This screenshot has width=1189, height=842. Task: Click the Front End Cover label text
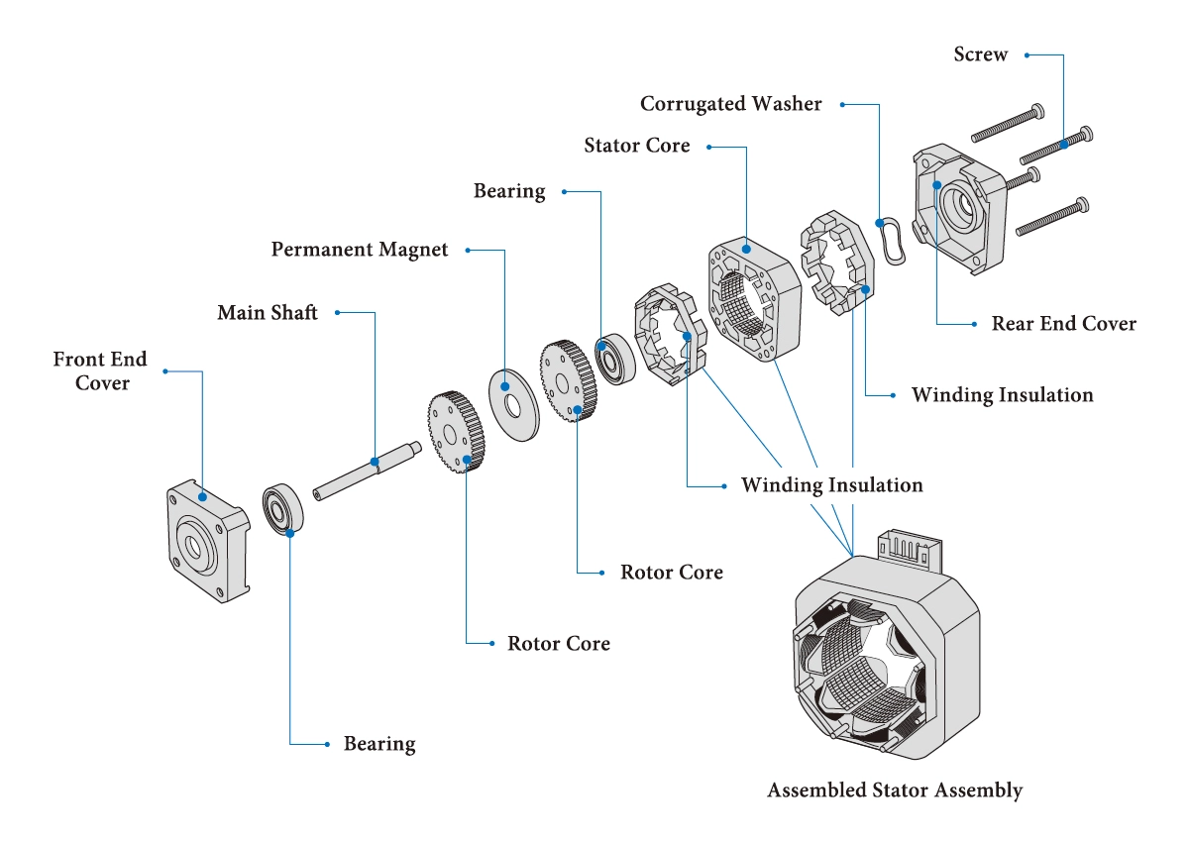click(x=100, y=370)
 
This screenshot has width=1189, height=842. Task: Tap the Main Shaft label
click(x=268, y=313)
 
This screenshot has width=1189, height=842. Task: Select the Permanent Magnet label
click(x=360, y=250)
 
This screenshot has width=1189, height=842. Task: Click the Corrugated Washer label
click(x=730, y=104)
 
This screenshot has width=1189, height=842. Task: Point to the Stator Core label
click(x=636, y=146)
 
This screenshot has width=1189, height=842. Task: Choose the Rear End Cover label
click(x=1063, y=324)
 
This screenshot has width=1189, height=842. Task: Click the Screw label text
click(x=980, y=54)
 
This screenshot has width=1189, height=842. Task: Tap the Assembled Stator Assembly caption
click(x=894, y=790)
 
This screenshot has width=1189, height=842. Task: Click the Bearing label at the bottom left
click(x=379, y=744)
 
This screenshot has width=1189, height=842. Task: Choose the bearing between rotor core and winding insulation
click(x=613, y=360)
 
